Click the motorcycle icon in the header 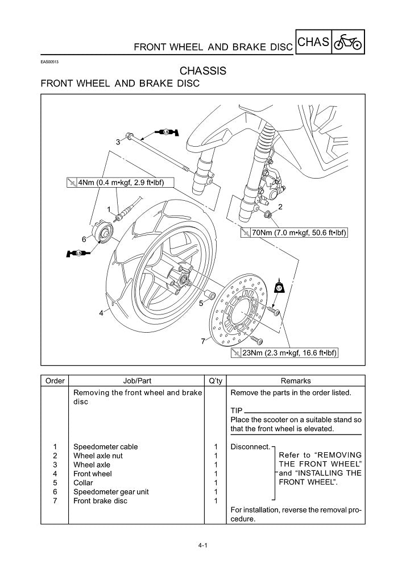348,43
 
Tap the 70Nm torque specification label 294,233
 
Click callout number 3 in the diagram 118,142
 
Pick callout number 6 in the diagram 84,239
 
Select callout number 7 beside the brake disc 202,341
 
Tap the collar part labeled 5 209,295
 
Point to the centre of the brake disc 239,310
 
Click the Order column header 55,381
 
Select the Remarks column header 296,381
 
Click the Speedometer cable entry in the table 106,446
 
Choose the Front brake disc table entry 101,500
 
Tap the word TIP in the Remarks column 237,411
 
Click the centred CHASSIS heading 202,71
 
